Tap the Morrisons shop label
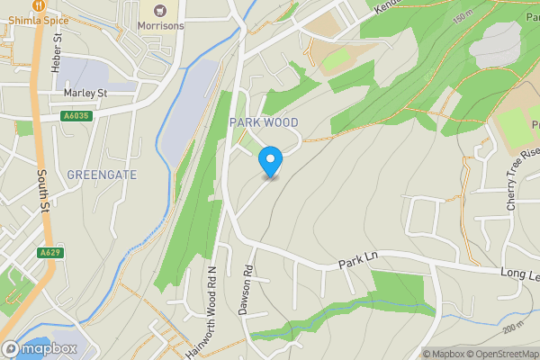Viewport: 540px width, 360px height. (x=160, y=26)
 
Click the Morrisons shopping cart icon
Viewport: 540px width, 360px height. (x=159, y=10)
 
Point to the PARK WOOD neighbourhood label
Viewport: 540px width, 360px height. (x=263, y=121)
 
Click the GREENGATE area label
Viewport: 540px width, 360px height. (x=102, y=175)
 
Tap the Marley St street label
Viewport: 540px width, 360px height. (x=85, y=93)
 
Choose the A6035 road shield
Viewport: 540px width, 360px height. (x=76, y=116)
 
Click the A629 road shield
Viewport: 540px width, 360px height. (x=49, y=254)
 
